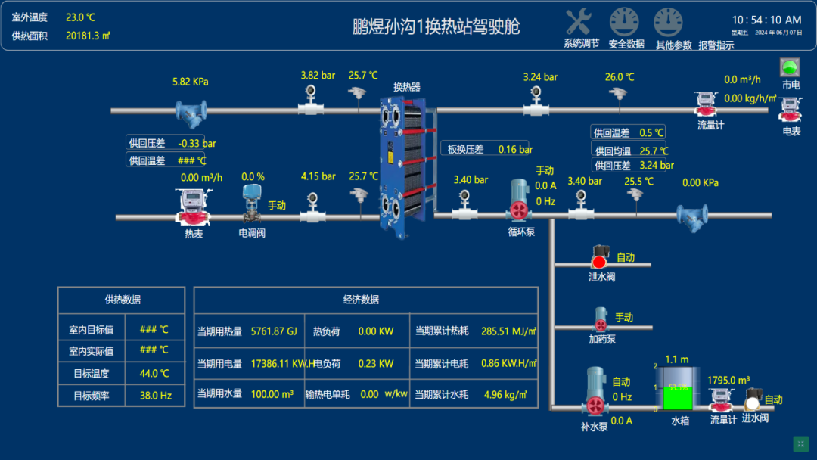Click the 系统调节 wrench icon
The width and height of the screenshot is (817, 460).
[x=579, y=21]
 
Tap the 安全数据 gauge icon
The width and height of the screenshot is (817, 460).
[x=624, y=22]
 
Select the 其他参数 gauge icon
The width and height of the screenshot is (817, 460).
[x=668, y=22]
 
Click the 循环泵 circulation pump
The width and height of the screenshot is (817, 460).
[x=520, y=200]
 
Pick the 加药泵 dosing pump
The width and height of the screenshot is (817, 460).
[x=601, y=320]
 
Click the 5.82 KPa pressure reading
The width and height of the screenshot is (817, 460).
[x=191, y=82]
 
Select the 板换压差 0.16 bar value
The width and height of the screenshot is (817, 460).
[x=515, y=149]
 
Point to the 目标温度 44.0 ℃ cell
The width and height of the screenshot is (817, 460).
[x=154, y=373]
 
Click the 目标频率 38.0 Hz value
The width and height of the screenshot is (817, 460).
[x=155, y=395]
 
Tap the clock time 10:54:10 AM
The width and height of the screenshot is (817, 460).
[x=766, y=20]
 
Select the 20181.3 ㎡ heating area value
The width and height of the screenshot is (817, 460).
[x=88, y=35]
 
